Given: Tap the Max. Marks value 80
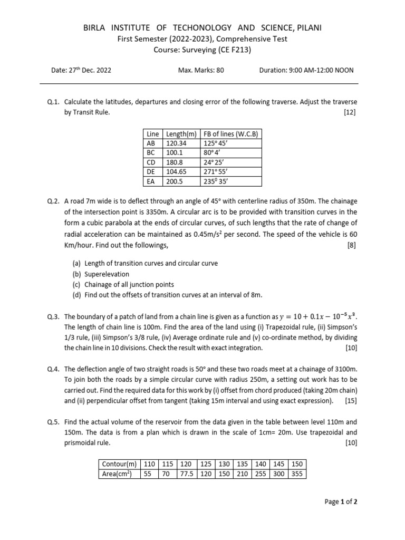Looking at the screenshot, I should point(219,70).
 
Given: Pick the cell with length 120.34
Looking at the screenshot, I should point(176,142).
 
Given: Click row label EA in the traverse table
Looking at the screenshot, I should point(150,181).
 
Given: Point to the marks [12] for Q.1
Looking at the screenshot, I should point(349,112).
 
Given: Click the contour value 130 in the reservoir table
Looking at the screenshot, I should point(224,464).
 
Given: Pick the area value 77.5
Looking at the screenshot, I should point(186,474).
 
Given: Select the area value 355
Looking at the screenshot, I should point(297,474).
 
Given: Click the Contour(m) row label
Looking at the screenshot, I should point(118,464).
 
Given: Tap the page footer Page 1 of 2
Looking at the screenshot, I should point(341,502).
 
